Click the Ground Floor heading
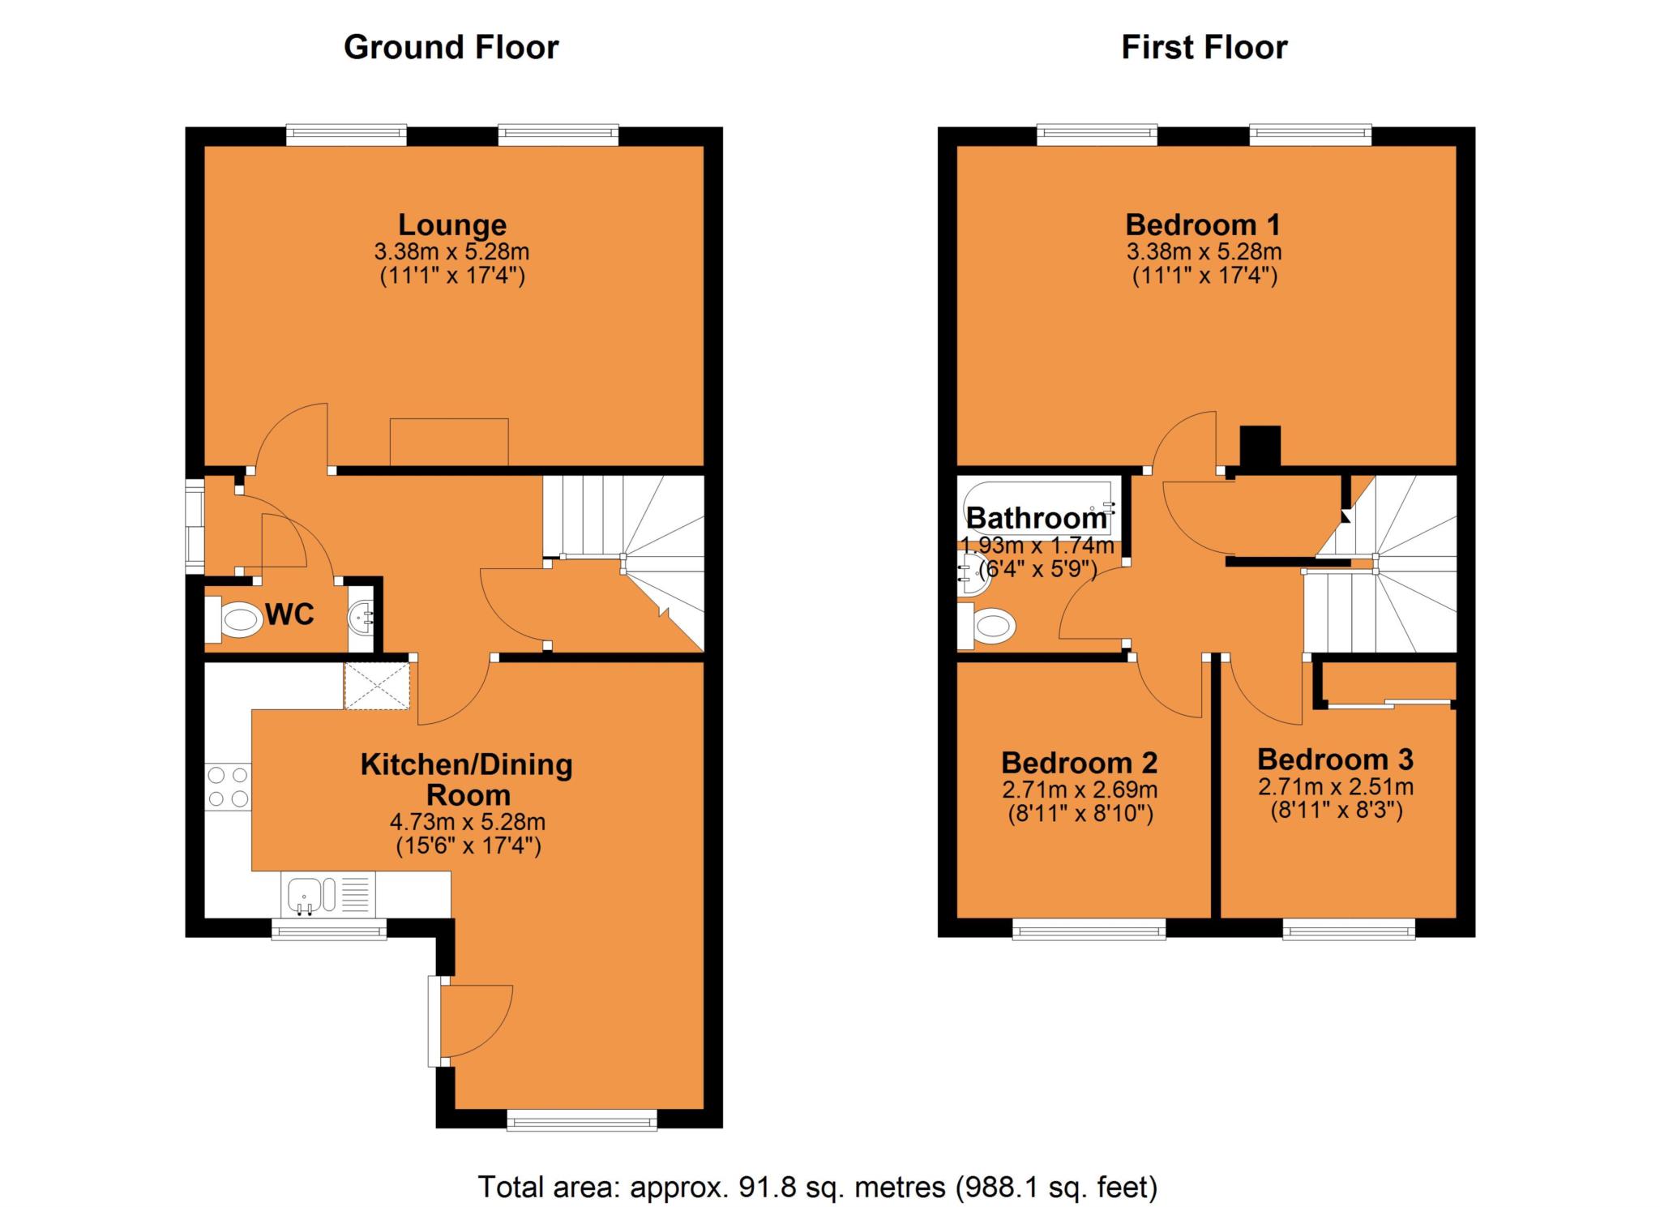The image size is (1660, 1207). (451, 48)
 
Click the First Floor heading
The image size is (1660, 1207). (1204, 48)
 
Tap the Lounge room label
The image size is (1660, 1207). (451, 225)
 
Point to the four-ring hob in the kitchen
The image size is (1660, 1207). (228, 786)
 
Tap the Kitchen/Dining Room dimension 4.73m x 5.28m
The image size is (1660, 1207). (468, 822)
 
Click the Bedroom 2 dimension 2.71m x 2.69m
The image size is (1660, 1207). (1079, 790)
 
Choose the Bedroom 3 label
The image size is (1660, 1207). (1335, 760)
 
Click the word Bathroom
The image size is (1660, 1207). (1036, 518)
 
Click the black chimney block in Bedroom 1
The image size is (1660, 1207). (1260, 447)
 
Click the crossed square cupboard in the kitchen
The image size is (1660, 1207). (377, 686)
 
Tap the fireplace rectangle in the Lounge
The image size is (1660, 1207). (449, 442)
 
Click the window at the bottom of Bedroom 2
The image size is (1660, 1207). (1089, 929)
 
